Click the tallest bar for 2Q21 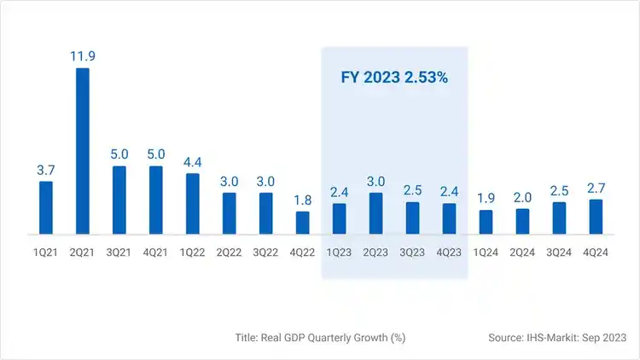[83, 150]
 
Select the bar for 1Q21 [46, 207]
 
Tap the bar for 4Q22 [303, 223]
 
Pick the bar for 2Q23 [376, 213]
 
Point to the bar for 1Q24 [486, 222]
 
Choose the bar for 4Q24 [596, 217]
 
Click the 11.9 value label [83, 56]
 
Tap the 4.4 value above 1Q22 [193, 161]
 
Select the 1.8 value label [303, 200]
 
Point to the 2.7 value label [596, 188]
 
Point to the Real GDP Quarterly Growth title [320, 338]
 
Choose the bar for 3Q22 [266, 213]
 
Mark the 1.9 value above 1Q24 [486, 198]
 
